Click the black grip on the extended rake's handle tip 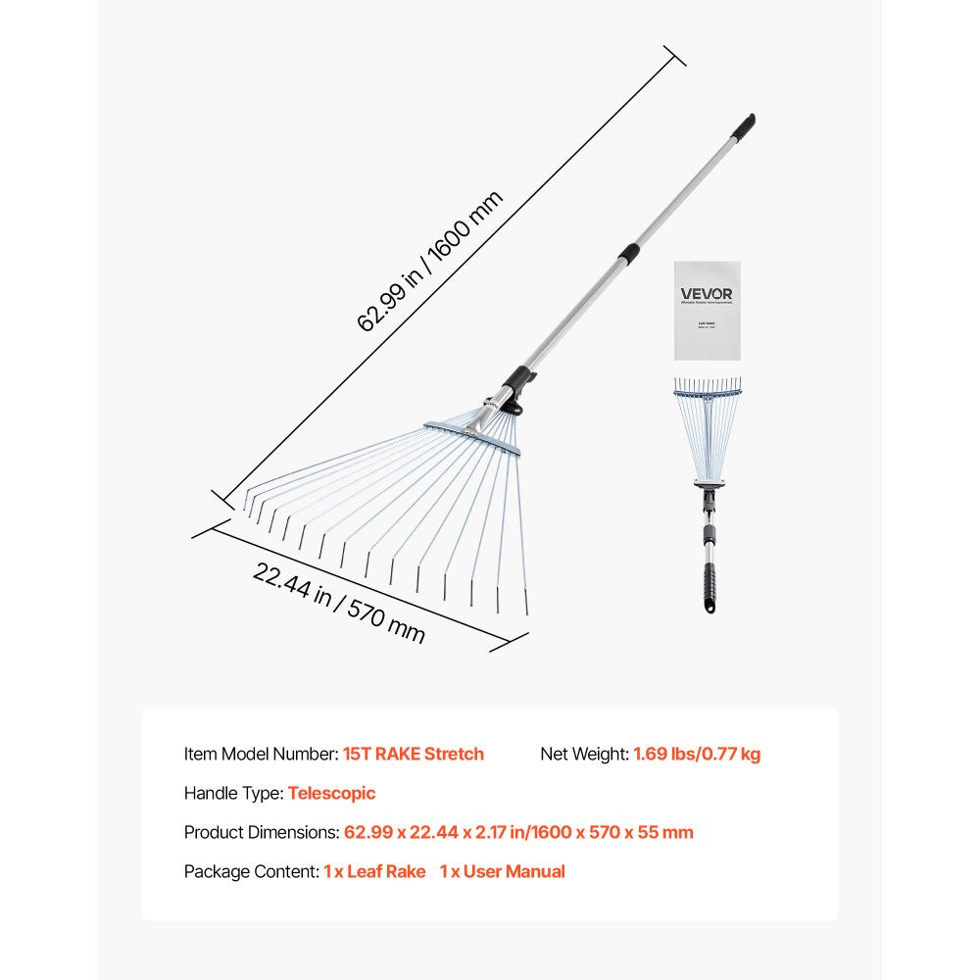click(744, 126)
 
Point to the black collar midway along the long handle click(628, 253)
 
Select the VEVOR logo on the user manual click(707, 293)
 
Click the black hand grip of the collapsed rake click(708, 588)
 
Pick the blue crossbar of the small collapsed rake click(707, 395)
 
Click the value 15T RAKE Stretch click(414, 754)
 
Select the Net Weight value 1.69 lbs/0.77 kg click(697, 754)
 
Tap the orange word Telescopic click(331, 793)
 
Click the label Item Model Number click(261, 754)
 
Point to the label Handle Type click(233, 793)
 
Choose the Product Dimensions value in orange click(518, 832)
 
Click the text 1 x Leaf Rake click(374, 871)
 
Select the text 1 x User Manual click(502, 871)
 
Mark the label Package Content click(251, 871)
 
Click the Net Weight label click(584, 754)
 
